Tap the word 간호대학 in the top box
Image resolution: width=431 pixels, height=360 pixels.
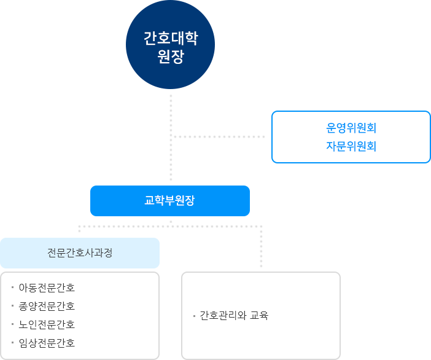click(170, 39)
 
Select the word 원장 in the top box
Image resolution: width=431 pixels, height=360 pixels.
click(170, 57)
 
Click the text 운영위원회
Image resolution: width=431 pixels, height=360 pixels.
click(351, 128)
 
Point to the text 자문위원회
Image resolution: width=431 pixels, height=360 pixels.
click(351, 146)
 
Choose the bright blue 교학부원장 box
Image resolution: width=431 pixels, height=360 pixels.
click(169, 200)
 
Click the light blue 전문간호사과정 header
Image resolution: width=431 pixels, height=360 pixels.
click(80, 252)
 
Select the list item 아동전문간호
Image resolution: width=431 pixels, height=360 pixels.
click(47, 288)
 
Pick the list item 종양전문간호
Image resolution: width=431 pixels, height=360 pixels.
click(47, 306)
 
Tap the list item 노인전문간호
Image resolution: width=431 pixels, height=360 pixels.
click(47, 324)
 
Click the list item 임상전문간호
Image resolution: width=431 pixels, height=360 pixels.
click(47, 343)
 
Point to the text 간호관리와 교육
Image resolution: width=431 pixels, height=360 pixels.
click(235, 316)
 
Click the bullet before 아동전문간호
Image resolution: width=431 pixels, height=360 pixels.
click(12, 286)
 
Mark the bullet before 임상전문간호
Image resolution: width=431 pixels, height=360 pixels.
click(12, 342)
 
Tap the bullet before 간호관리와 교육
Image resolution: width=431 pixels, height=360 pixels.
click(194, 316)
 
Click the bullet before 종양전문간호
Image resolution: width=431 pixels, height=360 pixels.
click(12, 305)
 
